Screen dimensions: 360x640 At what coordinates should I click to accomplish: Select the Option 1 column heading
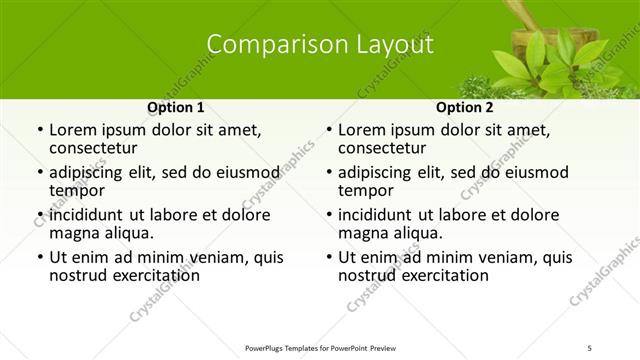pyautogui.click(x=176, y=106)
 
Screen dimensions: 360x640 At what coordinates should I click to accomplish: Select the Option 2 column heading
pyautogui.click(x=464, y=106)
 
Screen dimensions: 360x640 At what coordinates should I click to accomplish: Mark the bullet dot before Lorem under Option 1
pyautogui.click(x=39, y=130)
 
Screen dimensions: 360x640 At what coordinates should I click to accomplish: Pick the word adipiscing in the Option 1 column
pyautogui.click(x=91, y=172)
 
